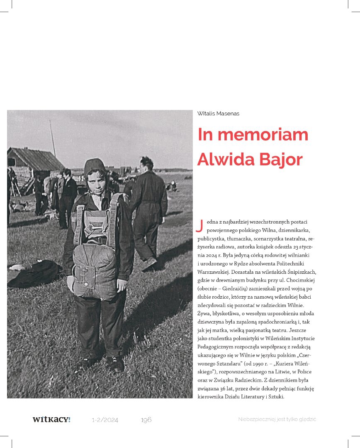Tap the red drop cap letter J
tap(199, 225)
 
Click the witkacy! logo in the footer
tap(51, 419)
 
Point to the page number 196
tap(146, 420)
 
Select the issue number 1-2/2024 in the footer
tap(105, 420)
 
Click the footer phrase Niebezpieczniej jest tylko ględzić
tap(277, 419)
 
